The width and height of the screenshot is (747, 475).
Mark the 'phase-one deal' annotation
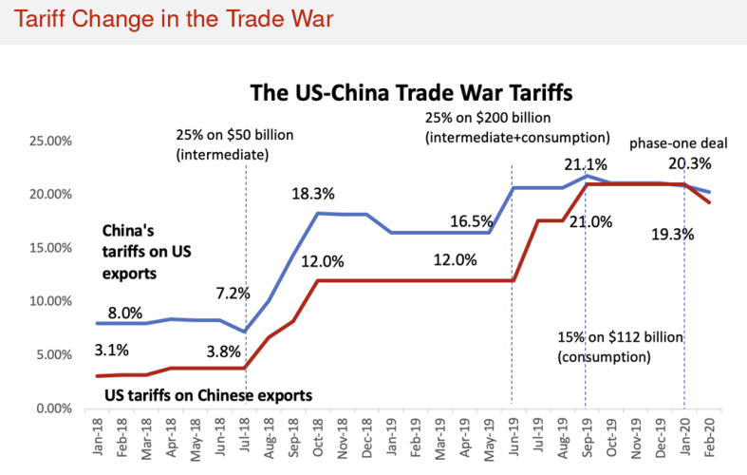click(x=678, y=143)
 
